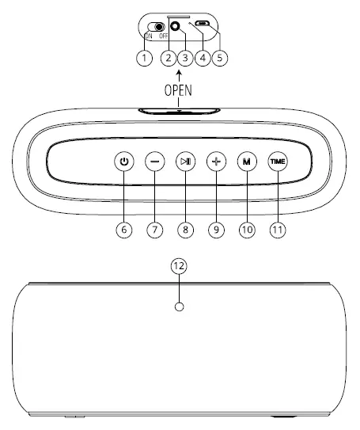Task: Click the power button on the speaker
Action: point(124,162)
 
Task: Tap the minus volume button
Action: point(155,162)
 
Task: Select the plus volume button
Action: point(217,162)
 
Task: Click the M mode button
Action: point(247,162)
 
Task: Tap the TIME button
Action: point(278,162)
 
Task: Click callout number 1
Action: point(144,58)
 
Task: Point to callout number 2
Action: point(169,58)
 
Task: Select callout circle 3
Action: point(185,58)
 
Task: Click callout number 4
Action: point(203,58)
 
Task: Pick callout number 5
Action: point(220,58)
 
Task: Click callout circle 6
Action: point(124,230)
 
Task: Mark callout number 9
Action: point(217,230)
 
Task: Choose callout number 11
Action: point(278,230)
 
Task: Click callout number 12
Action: point(179,266)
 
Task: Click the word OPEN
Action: point(178,90)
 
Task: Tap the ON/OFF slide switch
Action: point(157,27)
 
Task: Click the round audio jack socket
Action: point(176,26)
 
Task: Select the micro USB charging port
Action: point(203,24)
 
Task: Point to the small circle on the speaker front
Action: point(179,307)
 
